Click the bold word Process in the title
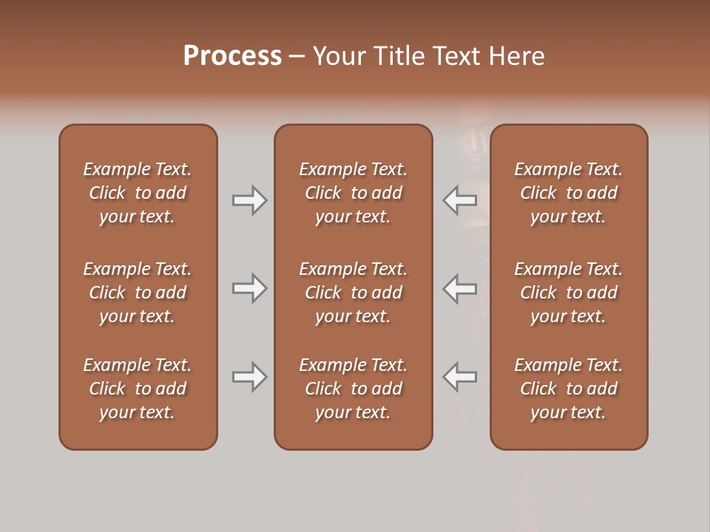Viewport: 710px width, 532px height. pyautogui.click(x=232, y=56)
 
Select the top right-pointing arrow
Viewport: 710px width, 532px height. pyautogui.click(x=249, y=200)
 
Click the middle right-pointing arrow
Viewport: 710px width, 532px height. pyautogui.click(x=249, y=288)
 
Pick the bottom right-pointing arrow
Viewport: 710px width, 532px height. pyautogui.click(x=249, y=377)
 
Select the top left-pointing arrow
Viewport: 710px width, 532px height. pyautogui.click(x=460, y=200)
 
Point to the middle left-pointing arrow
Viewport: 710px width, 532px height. pyautogui.click(x=460, y=288)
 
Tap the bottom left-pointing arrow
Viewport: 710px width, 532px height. pyautogui.click(x=460, y=377)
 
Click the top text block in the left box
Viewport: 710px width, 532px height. pyautogui.click(x=138, y=193)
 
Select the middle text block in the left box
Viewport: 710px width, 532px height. pyautogui.click(x=138, y=293)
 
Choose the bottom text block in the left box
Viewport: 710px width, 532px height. pyautogui.click(x=138, y=389)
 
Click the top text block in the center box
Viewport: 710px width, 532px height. pyautogui.click(x=353, y=193)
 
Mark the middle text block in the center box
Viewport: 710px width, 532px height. pyautogui.click(x=353, y=293)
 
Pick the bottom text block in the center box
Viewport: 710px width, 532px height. pyautogui.click(x=353, y=389)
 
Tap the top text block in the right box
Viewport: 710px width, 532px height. pyautogui.click(x=568, y=193)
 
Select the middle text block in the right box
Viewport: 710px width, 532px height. pyautogui.click(x=568, y=293)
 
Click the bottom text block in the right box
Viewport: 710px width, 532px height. pyautogui.click(x=568, y=389)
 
